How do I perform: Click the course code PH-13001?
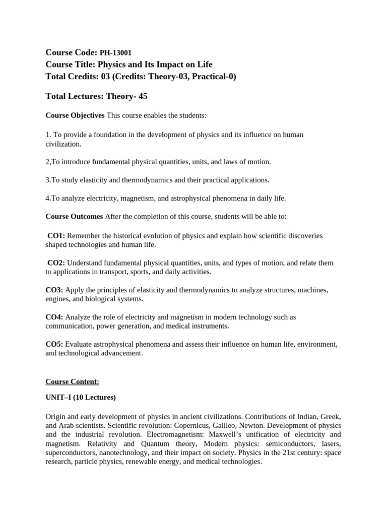[x=116, y=53]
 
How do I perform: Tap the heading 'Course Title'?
[x=70, y=64]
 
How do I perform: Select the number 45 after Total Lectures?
[x=143, y=96]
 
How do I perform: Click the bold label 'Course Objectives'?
[x=75, y=116]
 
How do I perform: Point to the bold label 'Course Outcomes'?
[x=74, y=217]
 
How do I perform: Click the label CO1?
[x=56, y=236]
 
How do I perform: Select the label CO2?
[x=56, y=263]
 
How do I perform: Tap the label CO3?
[x=54, y=290]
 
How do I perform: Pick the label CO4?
[x=54, y=317]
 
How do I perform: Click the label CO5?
[x=54, y=345]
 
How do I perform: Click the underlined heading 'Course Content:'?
[x=72, y=381]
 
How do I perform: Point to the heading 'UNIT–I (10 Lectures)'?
[x=81, y=398]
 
